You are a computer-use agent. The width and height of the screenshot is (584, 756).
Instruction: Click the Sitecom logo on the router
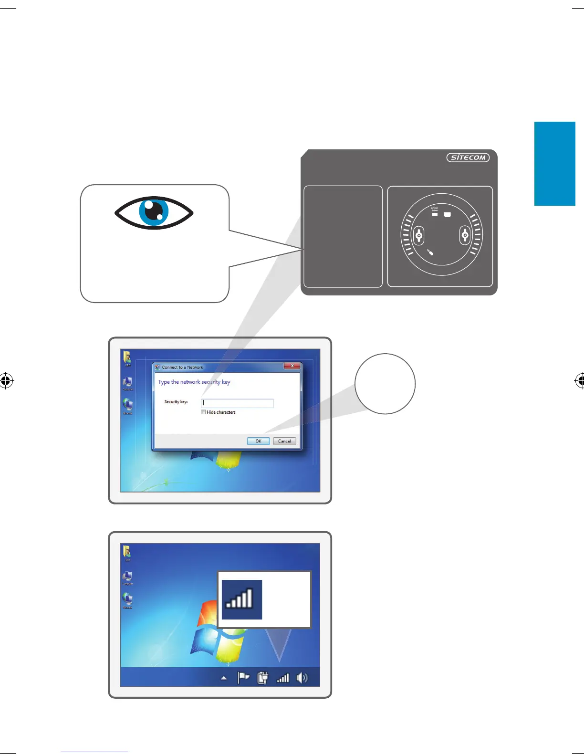468,157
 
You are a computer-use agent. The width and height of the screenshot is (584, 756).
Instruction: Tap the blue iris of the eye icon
154,212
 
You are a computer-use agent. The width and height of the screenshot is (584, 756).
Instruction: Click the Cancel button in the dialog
284,441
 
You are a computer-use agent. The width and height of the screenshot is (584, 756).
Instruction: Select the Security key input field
238,403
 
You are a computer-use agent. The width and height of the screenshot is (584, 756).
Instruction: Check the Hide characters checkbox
204,412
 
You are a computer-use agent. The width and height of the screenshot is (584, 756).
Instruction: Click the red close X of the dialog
292,366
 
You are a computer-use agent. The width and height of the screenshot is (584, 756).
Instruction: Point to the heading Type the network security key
194,382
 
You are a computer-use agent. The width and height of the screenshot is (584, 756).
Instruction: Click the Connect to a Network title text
182,367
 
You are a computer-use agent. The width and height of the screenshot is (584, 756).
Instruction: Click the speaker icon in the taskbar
302,678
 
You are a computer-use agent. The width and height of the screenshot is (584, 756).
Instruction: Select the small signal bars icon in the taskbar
283,678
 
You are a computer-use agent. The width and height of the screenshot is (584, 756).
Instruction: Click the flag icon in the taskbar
243,678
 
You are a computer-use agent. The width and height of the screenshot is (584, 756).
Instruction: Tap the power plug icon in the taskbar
262,678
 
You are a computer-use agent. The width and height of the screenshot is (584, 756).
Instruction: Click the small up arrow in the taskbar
224,678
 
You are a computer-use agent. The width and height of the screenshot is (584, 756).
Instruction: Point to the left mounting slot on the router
419,235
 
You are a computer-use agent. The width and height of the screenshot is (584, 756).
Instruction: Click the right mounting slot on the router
465,235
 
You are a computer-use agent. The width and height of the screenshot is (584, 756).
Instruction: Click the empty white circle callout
385,384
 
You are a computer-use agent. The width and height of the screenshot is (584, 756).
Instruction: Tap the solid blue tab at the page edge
554,164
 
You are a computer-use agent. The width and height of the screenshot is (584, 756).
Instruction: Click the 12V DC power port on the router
435,214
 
